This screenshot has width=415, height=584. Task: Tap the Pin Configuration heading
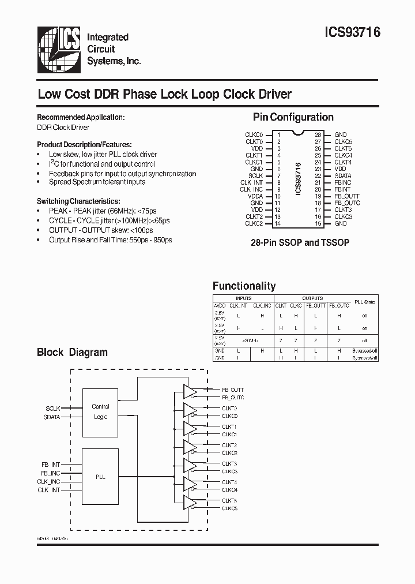(x=293, y=117)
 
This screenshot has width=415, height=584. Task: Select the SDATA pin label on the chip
(x=343, y=175)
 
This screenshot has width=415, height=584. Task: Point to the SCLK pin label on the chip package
(x=255, y=175)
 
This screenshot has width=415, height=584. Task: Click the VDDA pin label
(x=255, y=196)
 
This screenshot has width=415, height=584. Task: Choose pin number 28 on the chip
(x=318, y=134)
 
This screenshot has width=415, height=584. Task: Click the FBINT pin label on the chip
(x=342, y=189)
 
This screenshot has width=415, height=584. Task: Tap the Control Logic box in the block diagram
(x=100, y=411)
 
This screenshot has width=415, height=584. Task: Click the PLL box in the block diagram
(x=100, y=477)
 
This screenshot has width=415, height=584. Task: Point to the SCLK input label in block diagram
(x=53, y=407)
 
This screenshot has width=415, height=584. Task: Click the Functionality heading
(x=244, y=286)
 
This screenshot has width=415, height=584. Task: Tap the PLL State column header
(x=364, y=302)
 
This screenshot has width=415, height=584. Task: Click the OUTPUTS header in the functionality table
(x=312, y=298)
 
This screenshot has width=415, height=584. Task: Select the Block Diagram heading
(x=72, y=352)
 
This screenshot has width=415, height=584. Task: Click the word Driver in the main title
(x=273, y=94)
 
